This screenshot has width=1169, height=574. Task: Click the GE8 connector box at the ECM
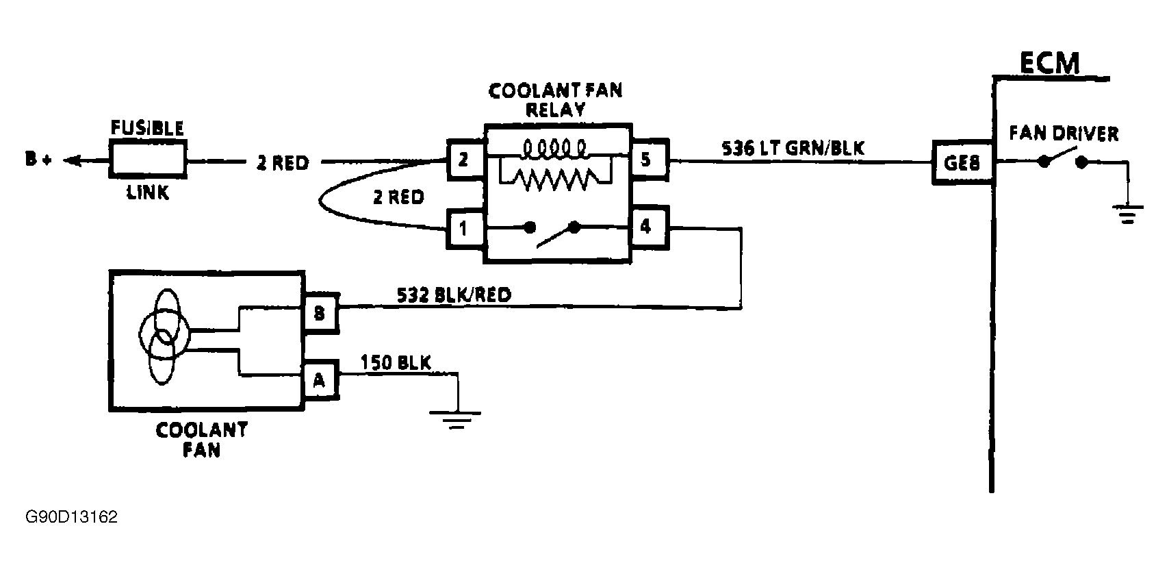962,163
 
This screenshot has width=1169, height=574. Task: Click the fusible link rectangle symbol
149,162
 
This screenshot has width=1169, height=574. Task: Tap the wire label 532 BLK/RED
454,295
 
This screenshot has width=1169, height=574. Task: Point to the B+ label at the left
39,160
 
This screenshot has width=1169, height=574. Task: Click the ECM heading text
1049,63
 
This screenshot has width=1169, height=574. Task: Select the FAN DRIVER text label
1064,133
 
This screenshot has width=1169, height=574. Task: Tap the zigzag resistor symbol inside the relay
554,179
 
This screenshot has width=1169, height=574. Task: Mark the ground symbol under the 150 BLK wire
456,419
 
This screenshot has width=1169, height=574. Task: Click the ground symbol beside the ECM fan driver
1127,214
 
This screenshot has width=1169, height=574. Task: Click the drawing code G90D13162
72,516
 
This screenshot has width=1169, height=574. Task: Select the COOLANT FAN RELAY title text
555,100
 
